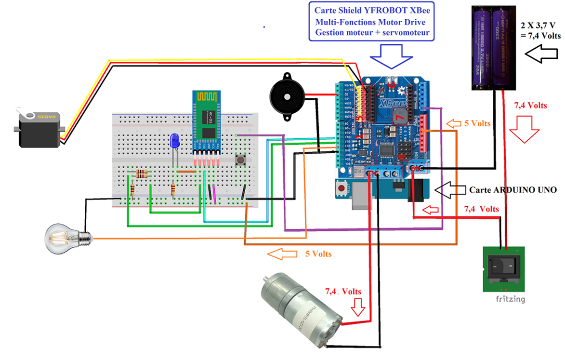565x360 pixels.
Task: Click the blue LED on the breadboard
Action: tap(175, 141)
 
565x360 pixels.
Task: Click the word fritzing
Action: tap(510, 299)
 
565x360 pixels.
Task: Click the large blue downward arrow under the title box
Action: tap(392, 55)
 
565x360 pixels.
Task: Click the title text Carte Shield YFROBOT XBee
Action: tap(369, 10)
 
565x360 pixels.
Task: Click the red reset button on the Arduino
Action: tap(342, 187)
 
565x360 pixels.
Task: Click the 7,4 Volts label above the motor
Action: tap(343, 292)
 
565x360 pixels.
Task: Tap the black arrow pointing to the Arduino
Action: tap(450, 189)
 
